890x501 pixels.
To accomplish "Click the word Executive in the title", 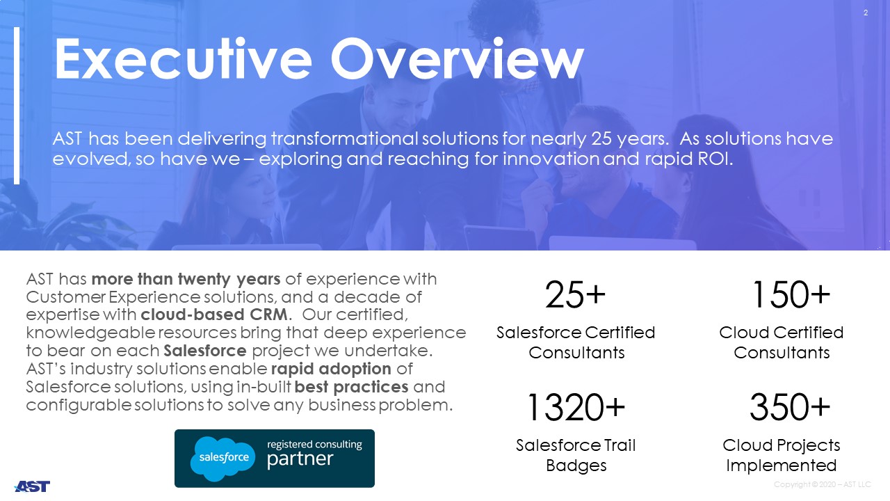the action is (183, 59).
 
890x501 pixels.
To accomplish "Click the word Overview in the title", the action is (458, 59).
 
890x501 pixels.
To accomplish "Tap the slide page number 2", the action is (866, 13).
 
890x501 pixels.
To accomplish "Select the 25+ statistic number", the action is (575, 294).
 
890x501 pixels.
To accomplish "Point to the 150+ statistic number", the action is (791, 294).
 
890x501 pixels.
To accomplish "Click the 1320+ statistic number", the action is (576, 407).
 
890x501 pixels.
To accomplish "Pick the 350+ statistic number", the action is (790, 407).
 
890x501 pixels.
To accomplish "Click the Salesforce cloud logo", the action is (223, 459).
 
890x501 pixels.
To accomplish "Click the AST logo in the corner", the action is (32, 486).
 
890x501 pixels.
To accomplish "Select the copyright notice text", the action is (822, 484).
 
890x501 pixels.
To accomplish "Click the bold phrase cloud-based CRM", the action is (214, 315).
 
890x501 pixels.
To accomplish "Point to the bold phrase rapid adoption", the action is (331, 369).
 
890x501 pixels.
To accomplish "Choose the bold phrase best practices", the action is (351, 387).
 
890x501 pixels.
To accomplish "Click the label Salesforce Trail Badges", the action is (576, 455).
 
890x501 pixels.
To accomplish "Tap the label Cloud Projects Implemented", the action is (781, 455).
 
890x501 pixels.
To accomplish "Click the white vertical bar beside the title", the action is (17, 106).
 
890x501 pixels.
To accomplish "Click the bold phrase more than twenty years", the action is (186, 279).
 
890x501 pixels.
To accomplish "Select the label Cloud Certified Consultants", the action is (781, 342).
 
